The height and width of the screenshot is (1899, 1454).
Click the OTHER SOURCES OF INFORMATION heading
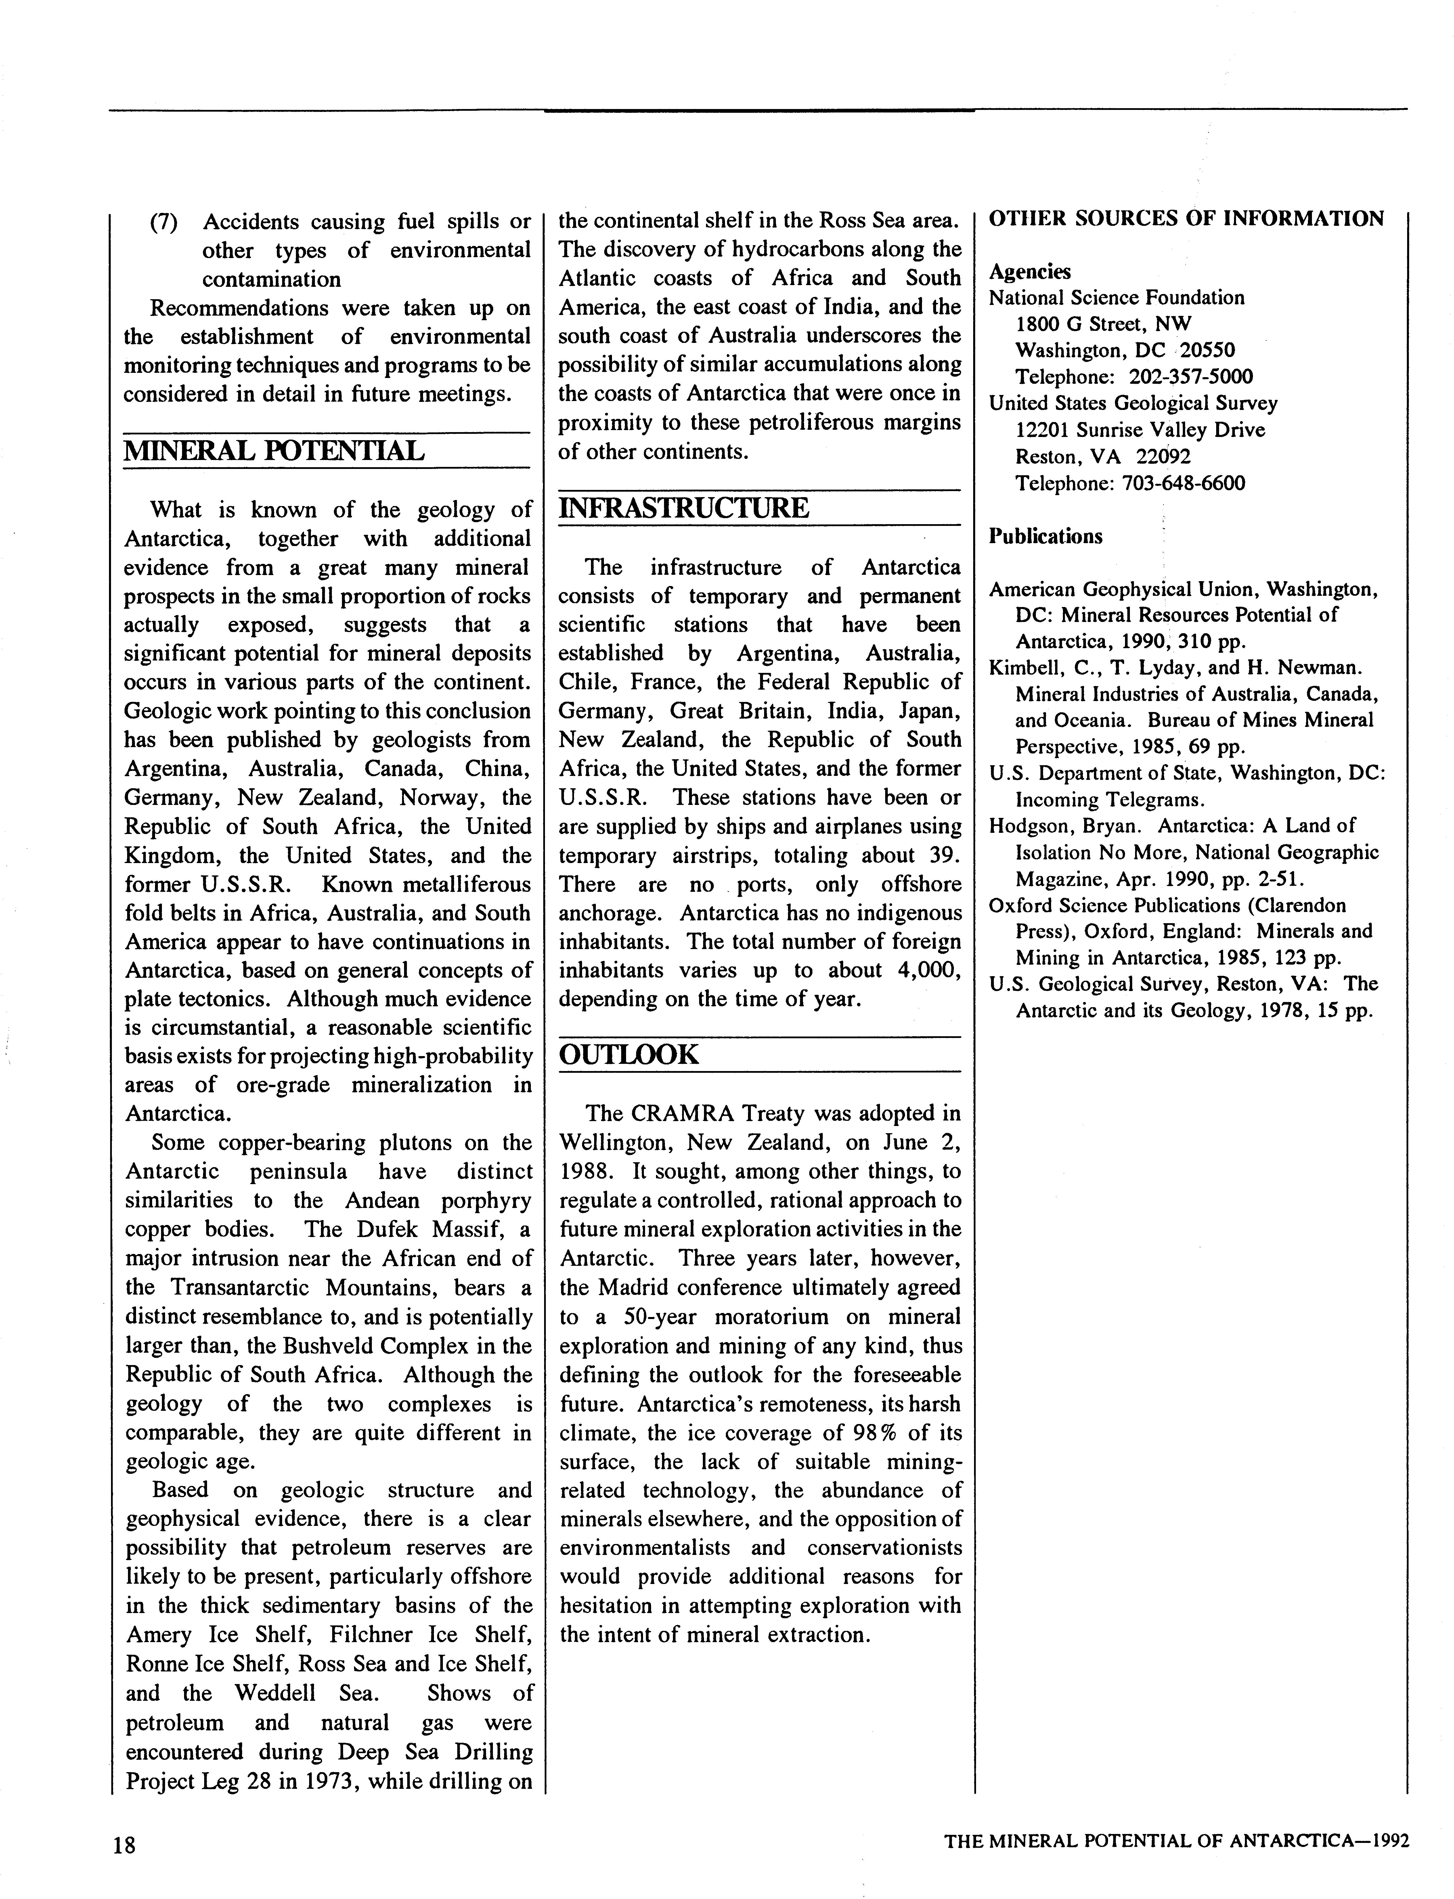pyautogui.click(x=1187, y=219)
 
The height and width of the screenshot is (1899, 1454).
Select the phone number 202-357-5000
pyautogui.click(x=1191, y=377)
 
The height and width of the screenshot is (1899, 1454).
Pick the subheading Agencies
pyautogui.click(x=1030, y=272)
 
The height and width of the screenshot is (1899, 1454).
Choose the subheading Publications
pyautogui.click(x=1046, y=537)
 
